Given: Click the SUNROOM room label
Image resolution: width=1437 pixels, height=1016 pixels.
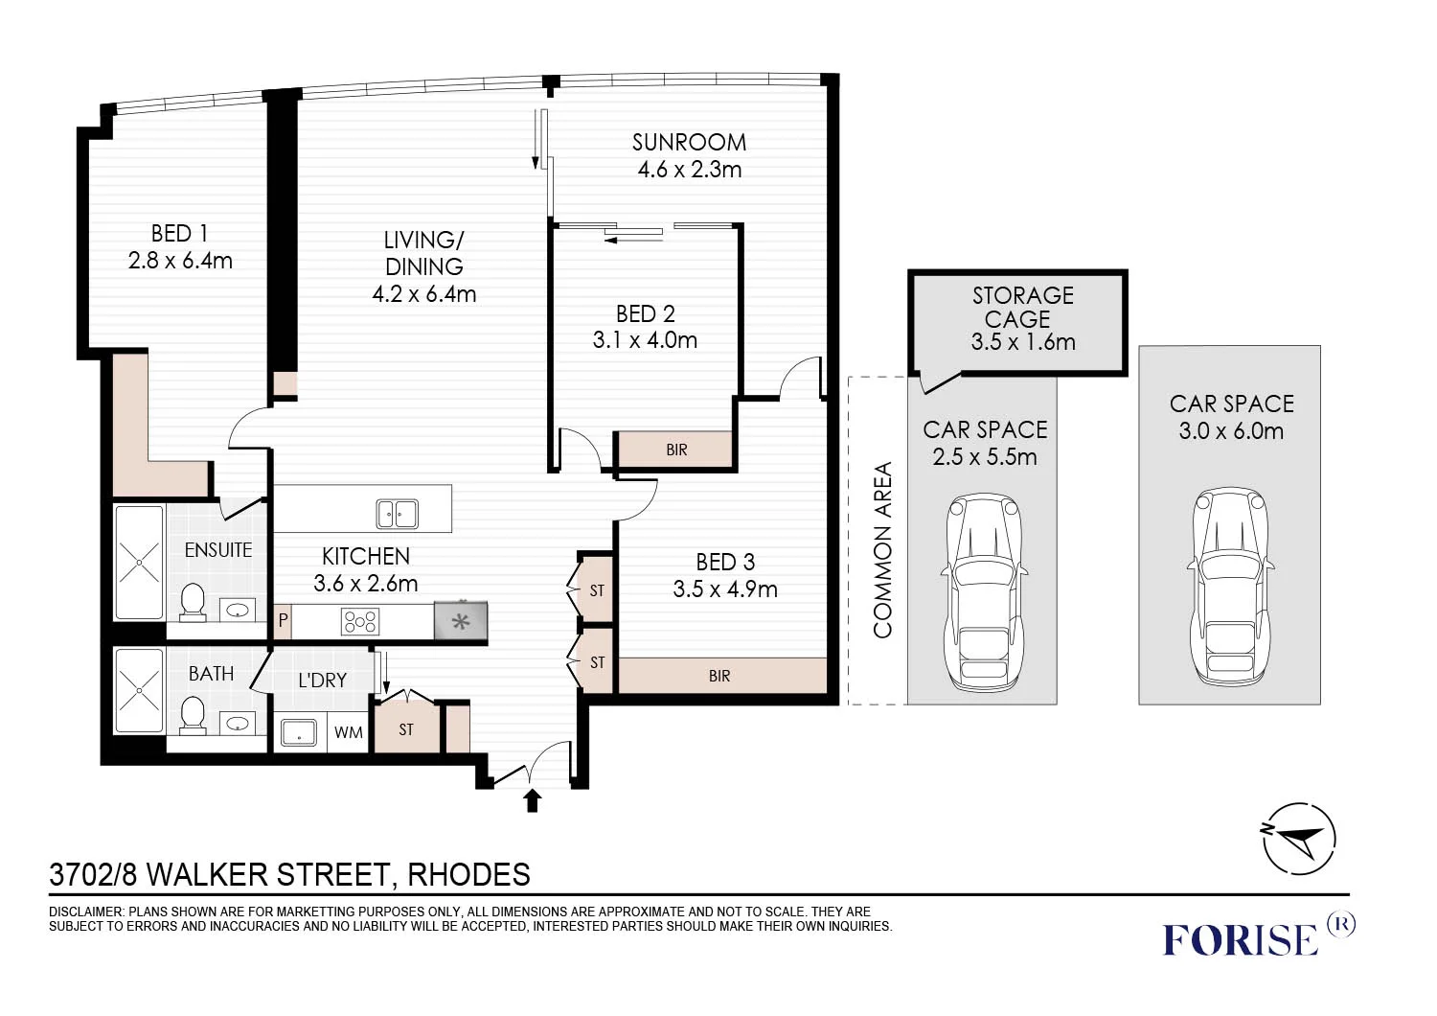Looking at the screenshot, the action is (689, 143).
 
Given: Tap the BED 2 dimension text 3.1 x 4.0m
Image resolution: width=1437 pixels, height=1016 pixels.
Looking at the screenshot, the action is (645, 340).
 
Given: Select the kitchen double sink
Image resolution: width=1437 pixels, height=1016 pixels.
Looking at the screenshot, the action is (398, 514).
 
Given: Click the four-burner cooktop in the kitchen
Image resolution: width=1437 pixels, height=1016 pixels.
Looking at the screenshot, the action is (360, 621).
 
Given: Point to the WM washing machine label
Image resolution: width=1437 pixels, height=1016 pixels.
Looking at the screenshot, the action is (349, 732).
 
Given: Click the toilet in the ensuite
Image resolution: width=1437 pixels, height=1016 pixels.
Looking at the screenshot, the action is (192, 602).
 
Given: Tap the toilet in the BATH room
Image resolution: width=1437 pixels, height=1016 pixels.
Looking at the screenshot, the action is (192, 716).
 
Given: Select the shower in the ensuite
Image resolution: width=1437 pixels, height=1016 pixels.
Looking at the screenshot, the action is (139, 563).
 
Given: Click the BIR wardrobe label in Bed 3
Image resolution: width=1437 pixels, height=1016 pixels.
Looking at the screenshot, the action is (719, 676).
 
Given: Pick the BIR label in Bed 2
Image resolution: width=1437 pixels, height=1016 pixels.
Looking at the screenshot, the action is (676, 450).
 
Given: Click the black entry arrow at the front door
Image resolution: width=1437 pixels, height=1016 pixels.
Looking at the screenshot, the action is (532, 800).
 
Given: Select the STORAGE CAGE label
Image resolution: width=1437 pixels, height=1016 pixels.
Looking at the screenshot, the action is (1022, 308).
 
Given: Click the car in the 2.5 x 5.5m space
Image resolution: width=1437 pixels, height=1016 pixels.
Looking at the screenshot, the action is (984, 591).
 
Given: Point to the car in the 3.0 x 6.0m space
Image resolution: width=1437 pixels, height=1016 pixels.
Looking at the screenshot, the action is (1230, 588).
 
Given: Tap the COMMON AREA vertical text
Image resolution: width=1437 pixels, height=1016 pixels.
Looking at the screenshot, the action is (882, 550).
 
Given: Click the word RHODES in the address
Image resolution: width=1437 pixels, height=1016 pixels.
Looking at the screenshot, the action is (469, 875).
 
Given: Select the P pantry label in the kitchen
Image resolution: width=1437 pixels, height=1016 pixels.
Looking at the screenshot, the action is (283, 621).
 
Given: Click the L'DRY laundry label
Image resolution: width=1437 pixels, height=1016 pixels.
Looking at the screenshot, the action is (322, 680).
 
